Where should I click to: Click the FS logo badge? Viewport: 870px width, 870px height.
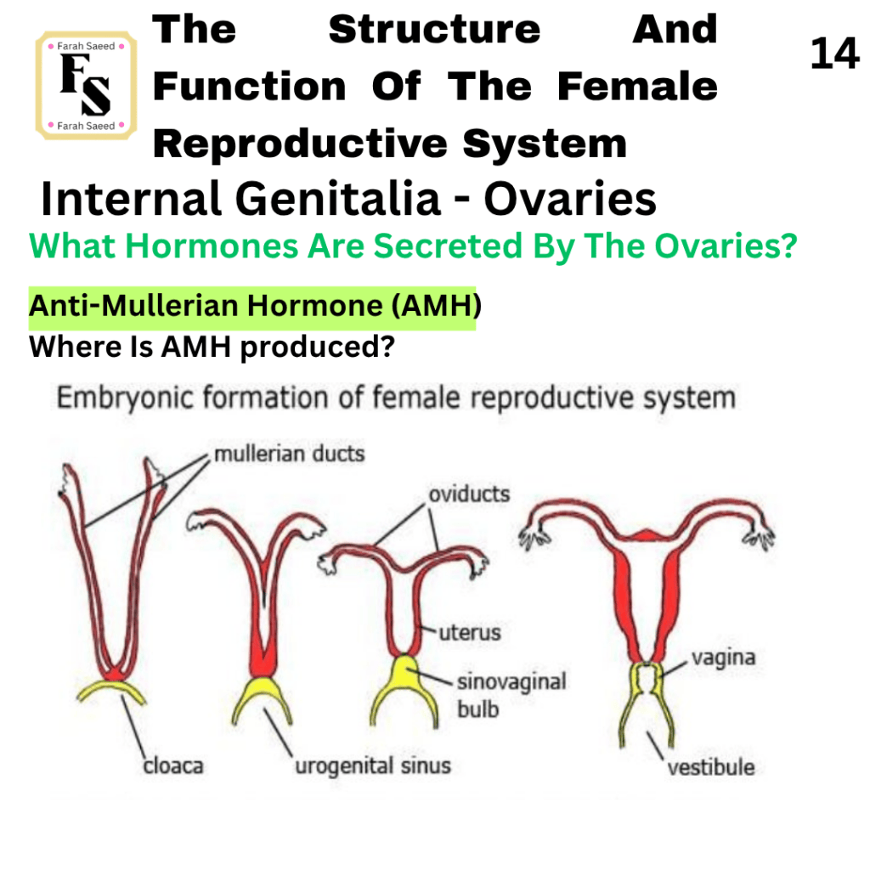(x=86, y=86)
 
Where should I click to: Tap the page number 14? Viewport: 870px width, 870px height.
(x=834, y=54)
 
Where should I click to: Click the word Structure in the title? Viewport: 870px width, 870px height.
(x=434, y=30)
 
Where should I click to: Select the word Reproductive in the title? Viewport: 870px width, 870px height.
(x=300, y=144)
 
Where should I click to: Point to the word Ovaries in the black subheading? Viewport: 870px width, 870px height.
(x=570, y=198)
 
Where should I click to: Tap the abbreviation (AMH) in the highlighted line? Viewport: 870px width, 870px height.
(x=436, y=305)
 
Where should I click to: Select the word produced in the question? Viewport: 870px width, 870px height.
(x=317, y=347)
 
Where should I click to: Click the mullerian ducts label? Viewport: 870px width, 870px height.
(x=290, y=454)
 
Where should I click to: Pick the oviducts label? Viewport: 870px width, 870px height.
(x=469, y=494)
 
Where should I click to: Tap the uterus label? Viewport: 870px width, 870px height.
(x=470, y=632)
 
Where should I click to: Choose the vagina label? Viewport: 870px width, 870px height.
(x=724, y=658)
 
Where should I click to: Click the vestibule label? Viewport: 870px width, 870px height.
(x=711, y=767)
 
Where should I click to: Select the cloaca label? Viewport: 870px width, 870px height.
(x=173, y=765)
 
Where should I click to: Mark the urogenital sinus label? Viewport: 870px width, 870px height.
(x=373, y=765)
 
